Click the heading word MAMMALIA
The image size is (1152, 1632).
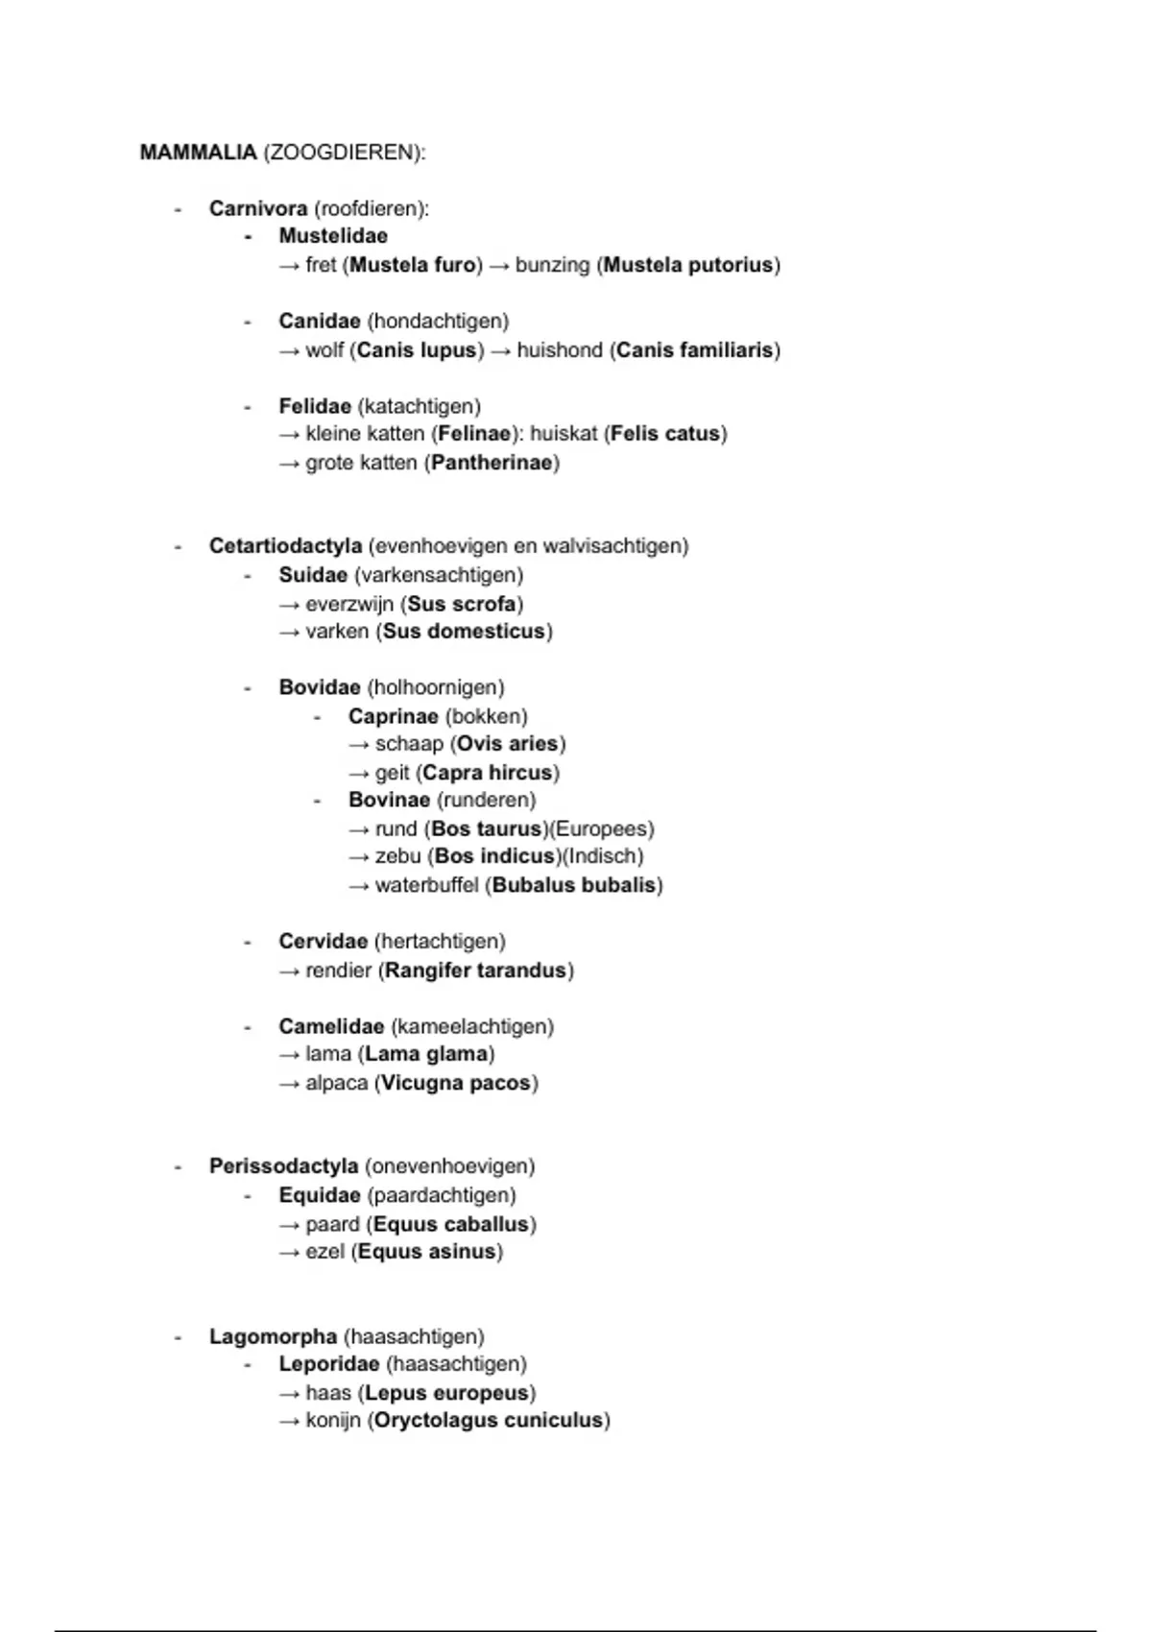(198, 153)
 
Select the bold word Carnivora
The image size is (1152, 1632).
(258, 208)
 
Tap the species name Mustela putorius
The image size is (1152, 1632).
(688, 265)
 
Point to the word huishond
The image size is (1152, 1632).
(560, 350)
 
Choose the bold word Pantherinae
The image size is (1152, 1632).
(492, 463)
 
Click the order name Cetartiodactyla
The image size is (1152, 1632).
(285, 546)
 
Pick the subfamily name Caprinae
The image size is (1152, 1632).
(393, 716)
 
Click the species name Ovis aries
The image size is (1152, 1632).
(508, 744)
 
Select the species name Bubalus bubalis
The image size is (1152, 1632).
(574, 885)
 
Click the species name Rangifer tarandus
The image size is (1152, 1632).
(475, 971)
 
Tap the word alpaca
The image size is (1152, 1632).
(336, 1083)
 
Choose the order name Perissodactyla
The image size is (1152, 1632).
(283, 1166)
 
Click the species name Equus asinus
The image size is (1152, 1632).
(427, 1252)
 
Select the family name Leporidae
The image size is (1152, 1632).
(329, 1364)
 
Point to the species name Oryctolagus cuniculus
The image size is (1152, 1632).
(488, 1421)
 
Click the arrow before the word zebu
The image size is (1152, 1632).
(359, 856)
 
